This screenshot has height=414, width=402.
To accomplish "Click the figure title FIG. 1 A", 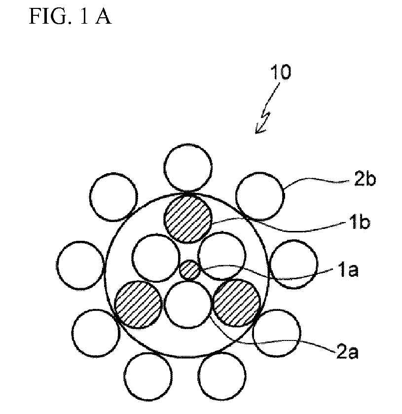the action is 70,16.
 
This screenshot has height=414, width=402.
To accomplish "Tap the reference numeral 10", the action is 281,72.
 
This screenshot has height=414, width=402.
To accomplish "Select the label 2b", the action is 365,179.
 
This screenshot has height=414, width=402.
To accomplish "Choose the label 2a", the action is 348,352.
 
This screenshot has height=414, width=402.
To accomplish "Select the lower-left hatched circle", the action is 138,304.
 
